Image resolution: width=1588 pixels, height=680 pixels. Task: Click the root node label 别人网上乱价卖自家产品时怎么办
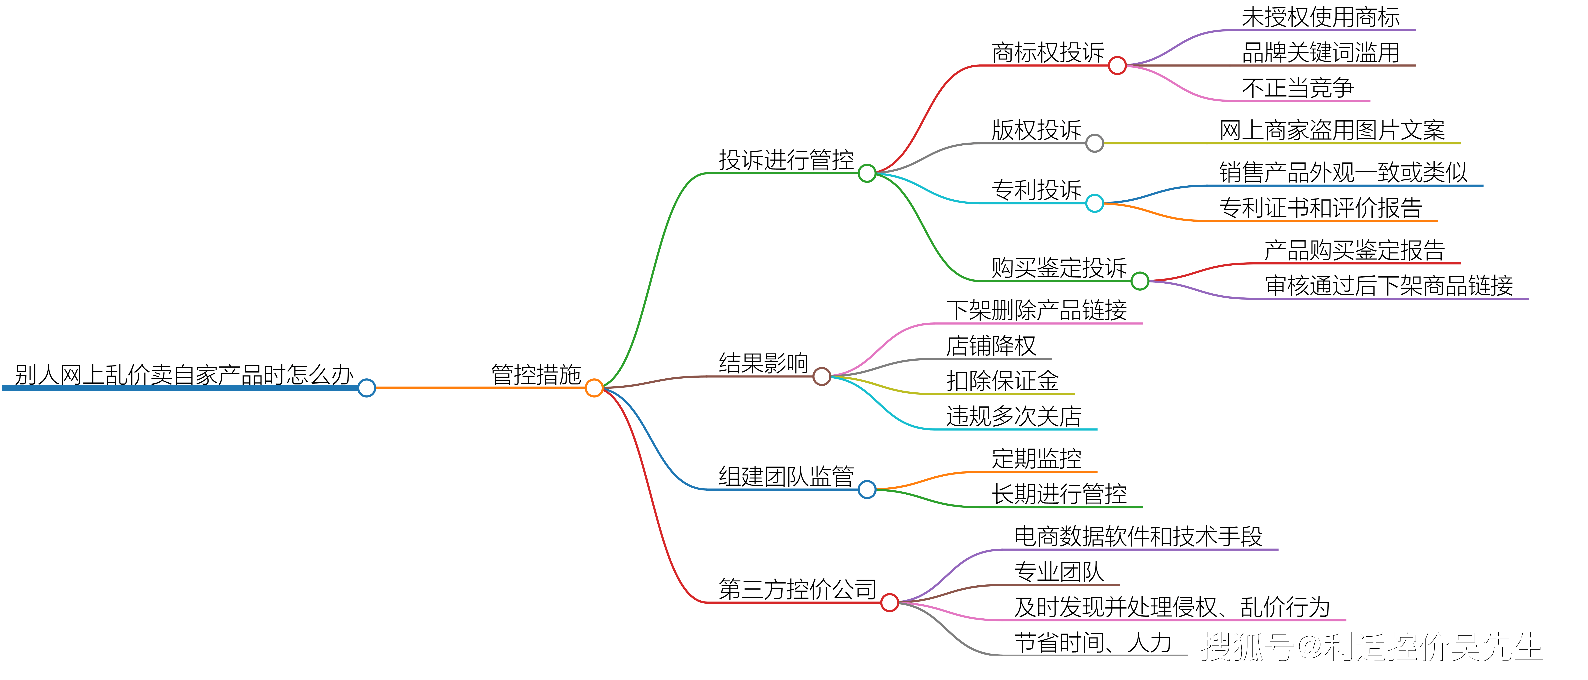[184, 374]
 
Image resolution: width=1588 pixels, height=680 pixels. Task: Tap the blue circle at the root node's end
[367, 388]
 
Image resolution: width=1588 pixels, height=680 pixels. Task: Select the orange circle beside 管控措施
[594, 388]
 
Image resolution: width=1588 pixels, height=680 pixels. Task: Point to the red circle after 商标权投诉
[1117, 65]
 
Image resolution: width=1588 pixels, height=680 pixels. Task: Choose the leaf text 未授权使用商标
[1320, 17]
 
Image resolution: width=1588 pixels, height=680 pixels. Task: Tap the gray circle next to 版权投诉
[1094, 143]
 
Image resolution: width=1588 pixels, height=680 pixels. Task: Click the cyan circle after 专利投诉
[1094, 203]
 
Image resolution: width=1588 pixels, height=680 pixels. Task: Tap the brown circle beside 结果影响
[821, 376]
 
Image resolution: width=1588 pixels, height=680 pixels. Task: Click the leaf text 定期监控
[1036, 459]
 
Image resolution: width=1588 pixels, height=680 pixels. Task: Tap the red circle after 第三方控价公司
[889, 602]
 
